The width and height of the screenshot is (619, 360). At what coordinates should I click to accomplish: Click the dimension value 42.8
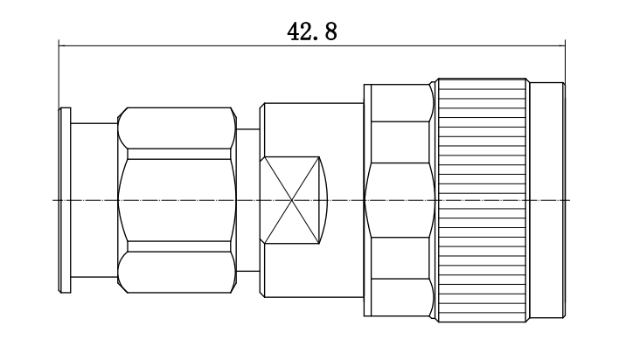pos(312,32)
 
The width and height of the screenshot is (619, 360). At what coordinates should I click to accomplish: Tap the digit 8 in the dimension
pos(330,32)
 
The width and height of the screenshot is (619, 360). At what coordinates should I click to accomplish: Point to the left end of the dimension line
pos(59,45)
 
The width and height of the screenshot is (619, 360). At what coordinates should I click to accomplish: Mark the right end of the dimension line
pos(565,45)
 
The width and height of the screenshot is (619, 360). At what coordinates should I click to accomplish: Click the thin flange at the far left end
pos(65,200)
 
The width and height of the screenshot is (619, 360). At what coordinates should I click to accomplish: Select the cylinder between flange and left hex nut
pos(94,200)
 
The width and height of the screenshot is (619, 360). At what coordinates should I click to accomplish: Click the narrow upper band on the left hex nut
pos(179,154)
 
